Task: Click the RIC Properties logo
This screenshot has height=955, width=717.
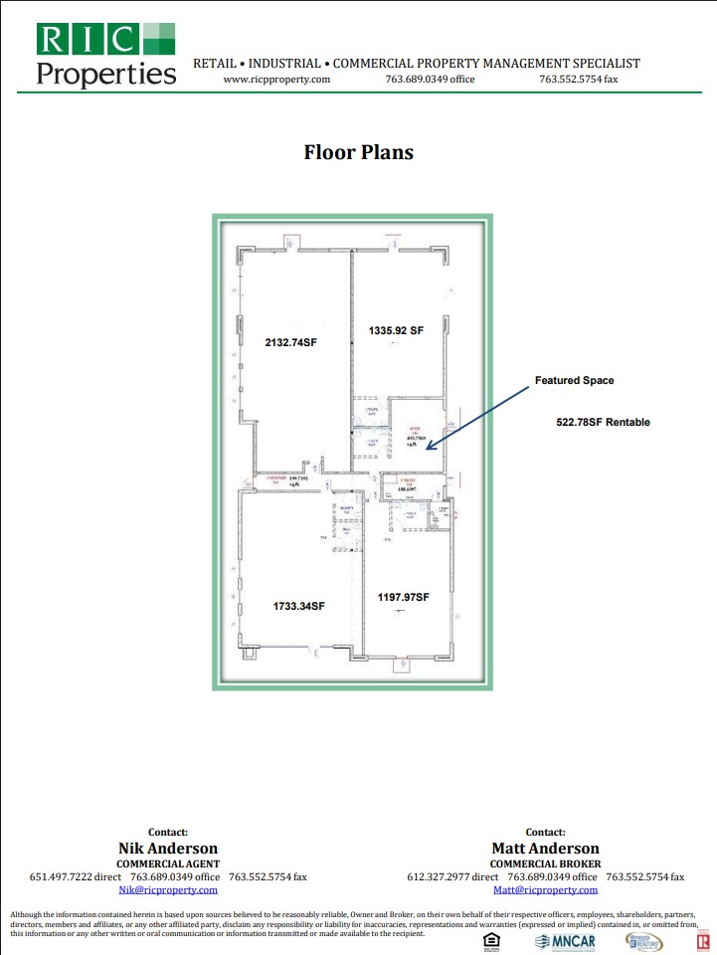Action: pyautogui.click(x=105, y=54)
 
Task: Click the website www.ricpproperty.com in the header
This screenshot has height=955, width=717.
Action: pyautogui.click(x=276, y=80)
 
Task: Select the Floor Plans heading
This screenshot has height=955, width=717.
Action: pyautogui.click(x=358, y=152)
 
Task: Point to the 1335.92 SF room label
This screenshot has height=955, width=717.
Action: pyautogui.click(x=397, y=330)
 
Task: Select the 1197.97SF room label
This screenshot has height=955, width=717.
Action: pyautogui.click(x=403, y=597)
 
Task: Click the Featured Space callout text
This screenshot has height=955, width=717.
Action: pyautogui.click(x=575, y=381)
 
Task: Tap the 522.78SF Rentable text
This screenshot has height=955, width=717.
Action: pyautogui.click(x=603, y=423)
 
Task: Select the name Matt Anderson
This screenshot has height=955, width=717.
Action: pyautogui.click(x=545, y=849)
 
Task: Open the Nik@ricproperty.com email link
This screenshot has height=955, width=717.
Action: pyautogui.click(x=167, y=890)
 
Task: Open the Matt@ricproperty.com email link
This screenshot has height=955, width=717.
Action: pyautogui.click(x=545, y=890)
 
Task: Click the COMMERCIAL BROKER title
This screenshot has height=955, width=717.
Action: pyautogui.click(x=545, y=863)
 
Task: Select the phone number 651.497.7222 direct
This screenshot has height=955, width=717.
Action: pyautogui.click(x=75, y=877)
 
